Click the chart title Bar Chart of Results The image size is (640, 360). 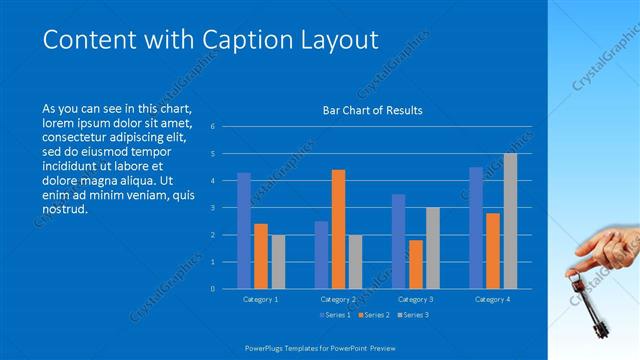coord(372,110)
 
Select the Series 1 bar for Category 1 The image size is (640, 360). coord(244,231)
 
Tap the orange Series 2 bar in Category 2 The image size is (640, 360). coord(338,229)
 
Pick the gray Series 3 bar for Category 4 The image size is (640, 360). coord(510,221)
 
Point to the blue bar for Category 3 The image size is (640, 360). coord(399,241)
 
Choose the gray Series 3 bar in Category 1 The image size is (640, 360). coord(278,261)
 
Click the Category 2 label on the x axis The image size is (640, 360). coord(338,299)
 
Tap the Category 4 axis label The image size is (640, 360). coord(492,299)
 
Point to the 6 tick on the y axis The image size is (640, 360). coord(212,127)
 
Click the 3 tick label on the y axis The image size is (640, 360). coord(212,208)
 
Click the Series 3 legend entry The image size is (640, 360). coord(413,315)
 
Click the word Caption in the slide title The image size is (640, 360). coord(247,40)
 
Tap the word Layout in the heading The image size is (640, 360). coord(340,40)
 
